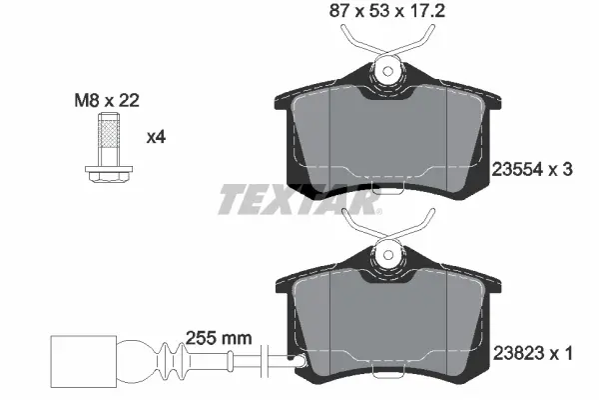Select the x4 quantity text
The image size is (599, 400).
(155, 137)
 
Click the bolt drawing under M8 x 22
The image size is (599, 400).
(104, 148)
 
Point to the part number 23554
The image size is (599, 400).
(518, 170)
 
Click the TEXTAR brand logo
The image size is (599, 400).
(299, 201)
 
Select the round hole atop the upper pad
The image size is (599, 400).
(387, 71)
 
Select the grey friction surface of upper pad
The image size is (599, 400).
(387, 135)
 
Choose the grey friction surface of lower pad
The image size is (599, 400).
(387, 320)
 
